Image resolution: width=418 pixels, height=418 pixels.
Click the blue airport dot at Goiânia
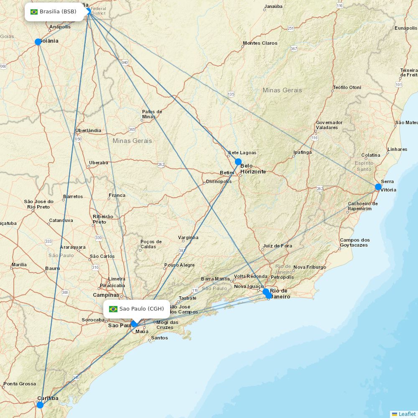tap(38, 42)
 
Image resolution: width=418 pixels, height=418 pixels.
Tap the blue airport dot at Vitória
tap(378, 187)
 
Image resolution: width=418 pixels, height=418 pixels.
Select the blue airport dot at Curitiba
tap(40, 405)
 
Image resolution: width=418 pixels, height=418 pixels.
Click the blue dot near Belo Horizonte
tap(238, 162)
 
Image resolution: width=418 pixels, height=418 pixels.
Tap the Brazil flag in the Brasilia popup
tap(34, 12)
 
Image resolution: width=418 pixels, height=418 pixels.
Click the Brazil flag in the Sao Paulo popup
tap(113, 309)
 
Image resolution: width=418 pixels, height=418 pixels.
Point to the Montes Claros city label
tap(260, 43)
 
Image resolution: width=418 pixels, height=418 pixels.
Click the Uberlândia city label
tap(88, 130)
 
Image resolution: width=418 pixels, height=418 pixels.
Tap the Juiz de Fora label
tap(278, 246)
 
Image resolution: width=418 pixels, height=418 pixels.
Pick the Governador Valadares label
tap(329, 125)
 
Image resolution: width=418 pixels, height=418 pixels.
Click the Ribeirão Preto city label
tap(103, 219)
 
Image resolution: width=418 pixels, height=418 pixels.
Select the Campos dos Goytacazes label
tap(354, 242)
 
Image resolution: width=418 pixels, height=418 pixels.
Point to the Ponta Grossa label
tap(20, 384)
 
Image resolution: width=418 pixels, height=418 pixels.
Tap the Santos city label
tap(160, 338)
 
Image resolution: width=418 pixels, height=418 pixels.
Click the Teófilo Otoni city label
tap(347, 87)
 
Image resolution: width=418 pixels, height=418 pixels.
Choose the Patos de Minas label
tap(152, 114)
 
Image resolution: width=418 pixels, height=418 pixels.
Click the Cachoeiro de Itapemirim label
tap(362, 206)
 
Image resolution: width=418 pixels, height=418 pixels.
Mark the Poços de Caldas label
tap(151, 244)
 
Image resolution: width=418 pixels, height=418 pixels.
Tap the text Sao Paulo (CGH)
tap(142, 309)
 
